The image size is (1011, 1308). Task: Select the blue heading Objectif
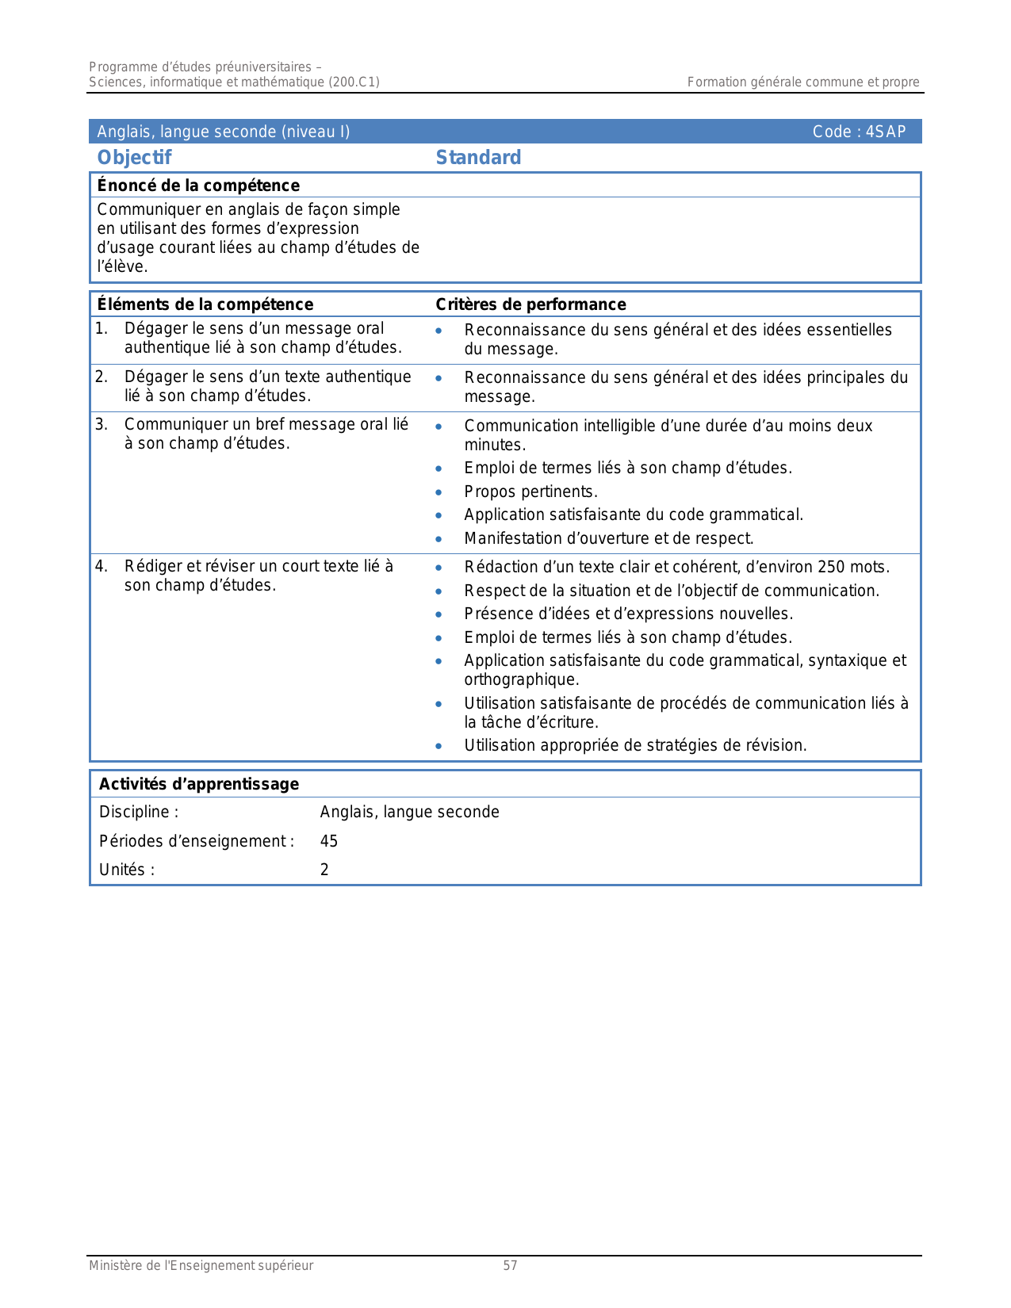134,157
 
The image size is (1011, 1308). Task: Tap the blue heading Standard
478,157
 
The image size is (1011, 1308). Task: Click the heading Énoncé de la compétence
198,185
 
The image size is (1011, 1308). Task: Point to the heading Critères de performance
530,304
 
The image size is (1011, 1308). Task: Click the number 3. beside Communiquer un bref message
101,424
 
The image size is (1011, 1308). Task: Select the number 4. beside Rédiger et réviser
101,566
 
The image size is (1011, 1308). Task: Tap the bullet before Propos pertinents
438,492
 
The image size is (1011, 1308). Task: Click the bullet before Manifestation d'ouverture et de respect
438,539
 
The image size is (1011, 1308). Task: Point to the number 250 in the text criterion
831,567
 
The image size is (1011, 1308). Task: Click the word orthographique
521,679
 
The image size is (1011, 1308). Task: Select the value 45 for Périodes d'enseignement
329,841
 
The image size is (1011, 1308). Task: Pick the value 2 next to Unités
324,870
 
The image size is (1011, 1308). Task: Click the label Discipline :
139,812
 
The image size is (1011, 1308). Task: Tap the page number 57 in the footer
510,1266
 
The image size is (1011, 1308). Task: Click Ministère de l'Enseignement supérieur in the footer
201,1266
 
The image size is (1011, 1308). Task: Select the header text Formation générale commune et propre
802,82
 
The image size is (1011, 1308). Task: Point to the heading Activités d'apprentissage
199,784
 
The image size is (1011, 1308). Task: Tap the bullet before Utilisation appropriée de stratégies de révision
438,746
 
